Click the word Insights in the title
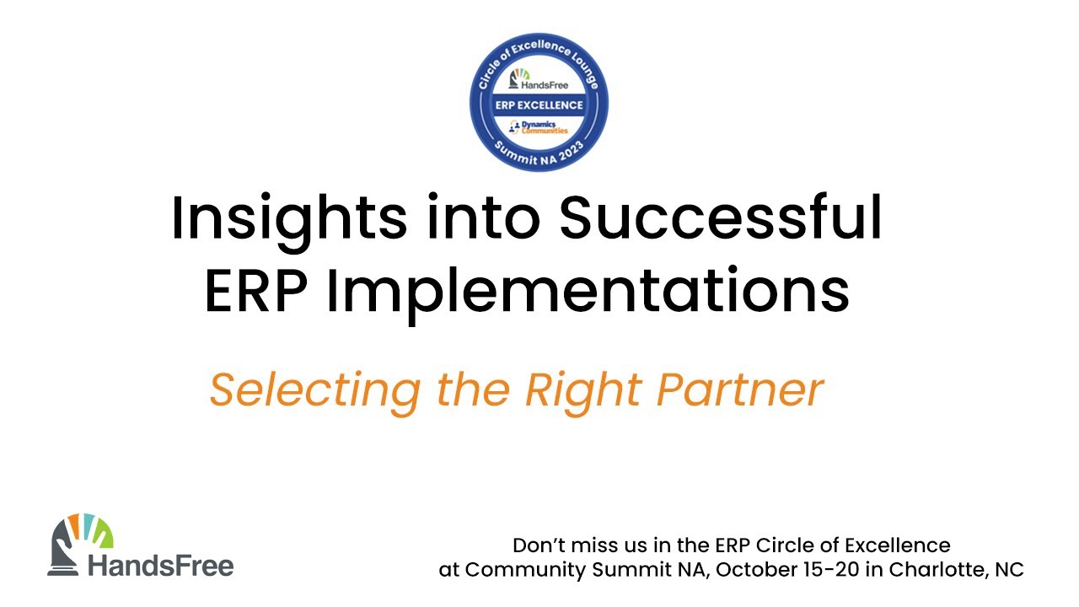289,222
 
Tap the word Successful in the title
721,217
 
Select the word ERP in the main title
256,291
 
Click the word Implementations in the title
588,295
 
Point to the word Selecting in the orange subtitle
315,393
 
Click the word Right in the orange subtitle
583,393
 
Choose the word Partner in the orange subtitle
740,390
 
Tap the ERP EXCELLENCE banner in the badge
539,105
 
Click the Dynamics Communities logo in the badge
539,127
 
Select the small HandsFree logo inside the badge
539,80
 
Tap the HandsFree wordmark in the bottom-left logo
161,567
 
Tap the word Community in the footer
525,571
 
